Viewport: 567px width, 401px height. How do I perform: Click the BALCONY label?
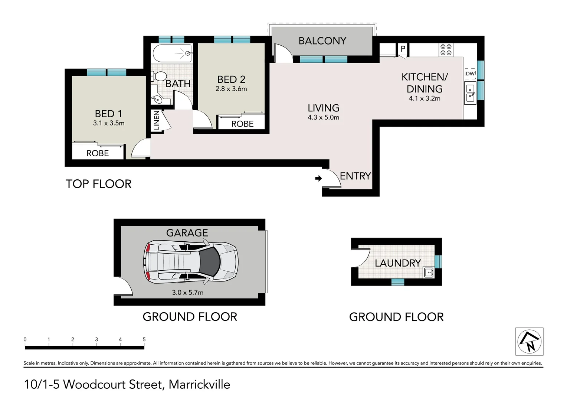click(322, 41)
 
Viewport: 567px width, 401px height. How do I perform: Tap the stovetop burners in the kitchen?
click(446, 50)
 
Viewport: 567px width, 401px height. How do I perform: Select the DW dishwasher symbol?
click(470, 74)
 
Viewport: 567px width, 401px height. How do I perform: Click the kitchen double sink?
click(471, 92)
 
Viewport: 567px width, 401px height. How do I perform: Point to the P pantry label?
click(403, 49)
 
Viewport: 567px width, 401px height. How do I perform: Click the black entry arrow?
click(318, 179)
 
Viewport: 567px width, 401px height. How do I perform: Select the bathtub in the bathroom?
click(172, 53)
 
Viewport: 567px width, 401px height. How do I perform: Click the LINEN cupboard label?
click(157, 120)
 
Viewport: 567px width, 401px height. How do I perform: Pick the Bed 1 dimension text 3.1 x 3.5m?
click(109, 123)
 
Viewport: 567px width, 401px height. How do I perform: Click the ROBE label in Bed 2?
click(242, 124)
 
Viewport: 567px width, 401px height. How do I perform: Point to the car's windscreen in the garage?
click(209, 262)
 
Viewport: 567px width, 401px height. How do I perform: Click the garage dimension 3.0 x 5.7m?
click(188, 293)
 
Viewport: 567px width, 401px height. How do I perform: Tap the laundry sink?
click(429, 273)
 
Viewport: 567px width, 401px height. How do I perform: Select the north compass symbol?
click(530, 342)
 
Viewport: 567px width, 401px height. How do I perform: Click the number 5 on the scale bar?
click(144, 339)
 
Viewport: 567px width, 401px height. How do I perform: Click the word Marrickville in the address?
click(199, 384)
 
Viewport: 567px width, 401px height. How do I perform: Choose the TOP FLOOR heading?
click(99, 184)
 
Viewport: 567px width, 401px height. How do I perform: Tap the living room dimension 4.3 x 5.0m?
click(323, 117)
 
